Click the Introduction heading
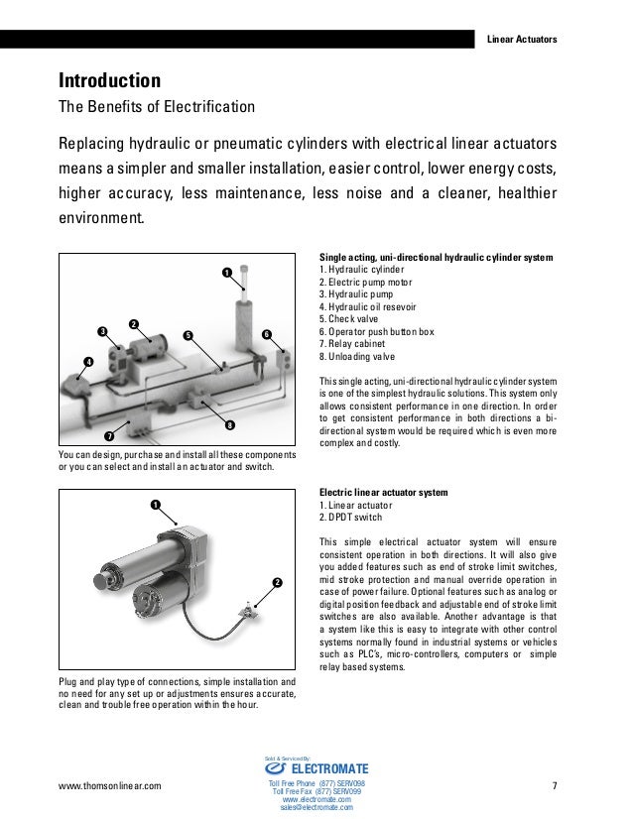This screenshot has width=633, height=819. pyautogui.click(x=109, y=79)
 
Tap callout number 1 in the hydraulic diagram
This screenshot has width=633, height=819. pyautogui.click(x=226, y=272)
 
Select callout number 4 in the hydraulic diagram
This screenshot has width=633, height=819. pyautogui.click(x=87, y=362)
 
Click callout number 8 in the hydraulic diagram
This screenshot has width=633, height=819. pyautogui.click(x=229, y=426)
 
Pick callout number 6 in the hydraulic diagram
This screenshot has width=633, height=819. pyautogui.click(x=267, y=335)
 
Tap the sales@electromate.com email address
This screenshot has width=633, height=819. pyautogui.click(x=316, y=807)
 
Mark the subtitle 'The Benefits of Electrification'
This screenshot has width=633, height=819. pyautogui.click(x=158, y=106)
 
